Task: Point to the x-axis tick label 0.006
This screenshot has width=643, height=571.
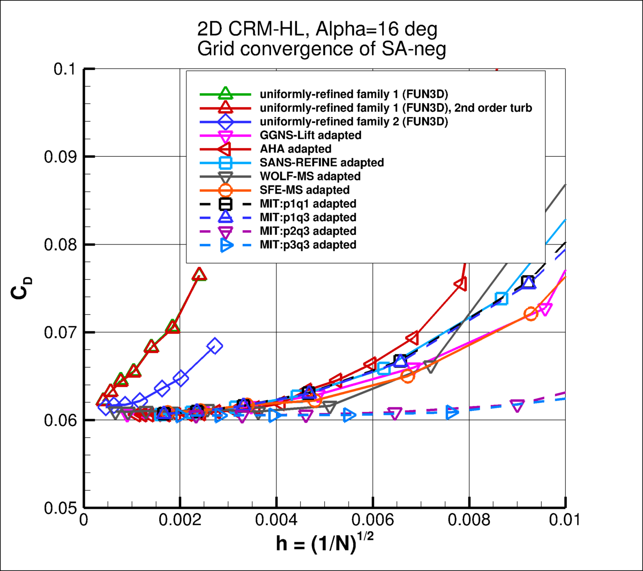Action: [x=372, y=520]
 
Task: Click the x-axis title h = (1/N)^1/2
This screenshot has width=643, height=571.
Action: [x=325, y=543]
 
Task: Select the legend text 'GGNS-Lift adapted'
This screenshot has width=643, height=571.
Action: [x=310, y=135]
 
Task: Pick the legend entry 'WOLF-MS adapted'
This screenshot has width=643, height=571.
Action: [x=310, y=176]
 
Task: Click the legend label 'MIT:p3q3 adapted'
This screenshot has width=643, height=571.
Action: [x=308, y=245]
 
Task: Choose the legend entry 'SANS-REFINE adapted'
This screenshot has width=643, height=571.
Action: [x=322, y=163]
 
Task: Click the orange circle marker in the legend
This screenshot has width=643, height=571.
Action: [x=226, y=190]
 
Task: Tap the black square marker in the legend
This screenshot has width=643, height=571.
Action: [x=226, y=204]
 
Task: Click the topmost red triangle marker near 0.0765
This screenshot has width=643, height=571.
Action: [x=199, y=275]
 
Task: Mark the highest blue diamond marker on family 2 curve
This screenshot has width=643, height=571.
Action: [x=214, y=346]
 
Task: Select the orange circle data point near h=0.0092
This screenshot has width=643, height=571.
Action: [x=530, y=314]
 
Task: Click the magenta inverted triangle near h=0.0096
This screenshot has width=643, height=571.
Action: [x=545, y=309]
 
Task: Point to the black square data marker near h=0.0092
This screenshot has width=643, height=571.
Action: [x=528, y=282]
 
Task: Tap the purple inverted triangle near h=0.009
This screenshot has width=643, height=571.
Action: [x=517, y=406]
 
